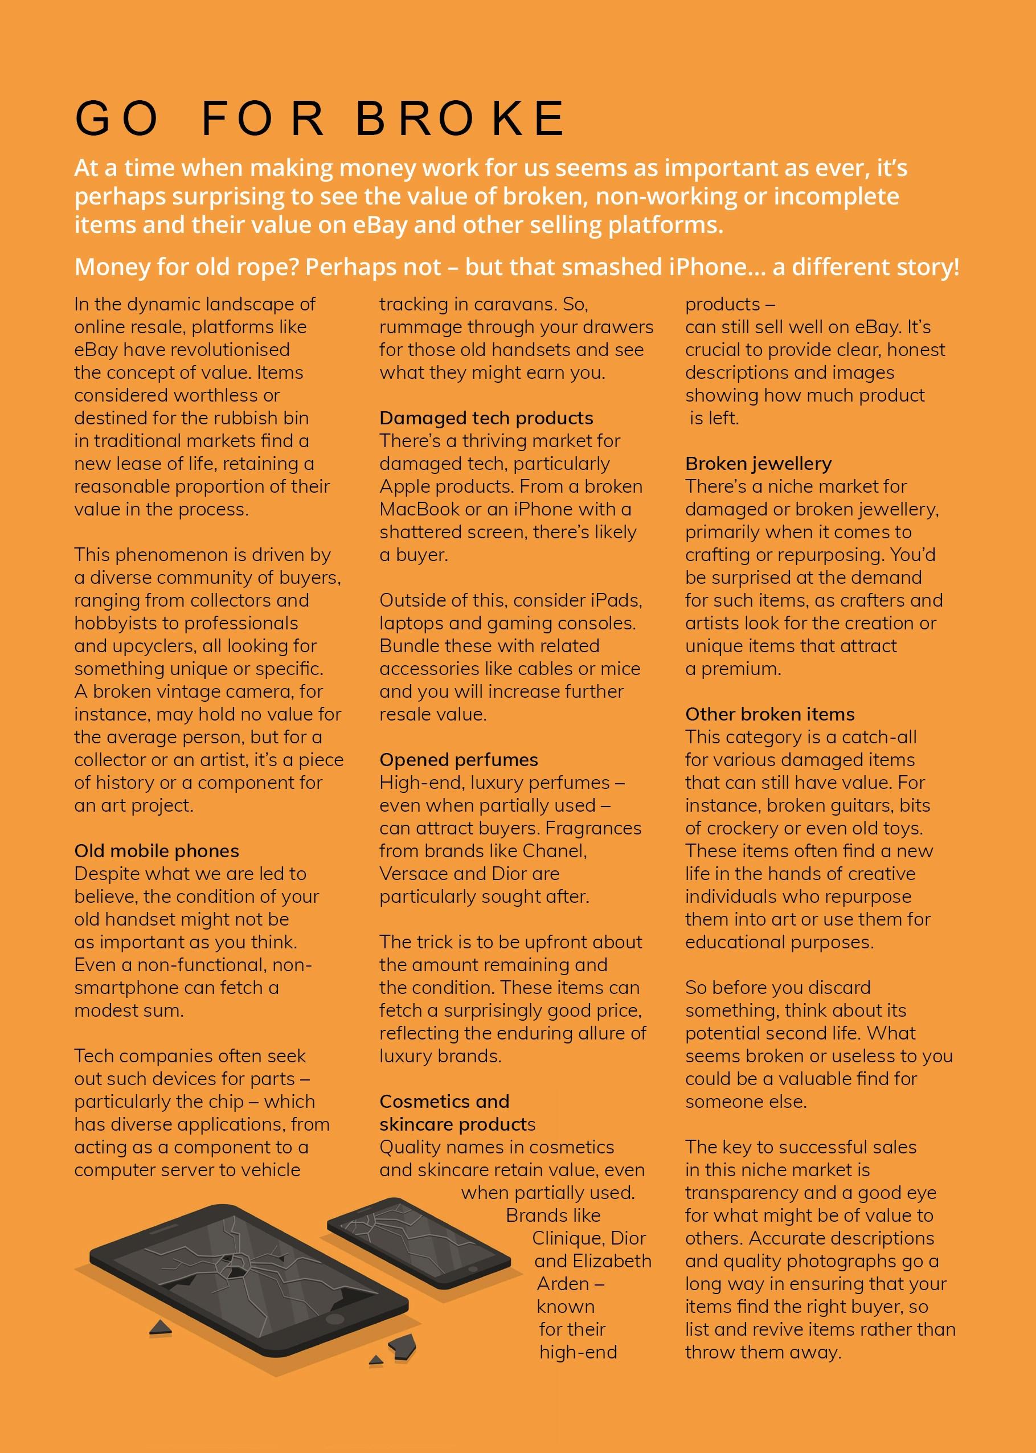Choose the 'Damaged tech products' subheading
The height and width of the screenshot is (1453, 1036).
pos(486,418)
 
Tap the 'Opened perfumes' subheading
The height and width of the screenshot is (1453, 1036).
pos(458,760)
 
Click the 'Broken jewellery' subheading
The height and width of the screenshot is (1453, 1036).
pos(758,463)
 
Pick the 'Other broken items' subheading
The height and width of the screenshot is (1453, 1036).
pos(769,714)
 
